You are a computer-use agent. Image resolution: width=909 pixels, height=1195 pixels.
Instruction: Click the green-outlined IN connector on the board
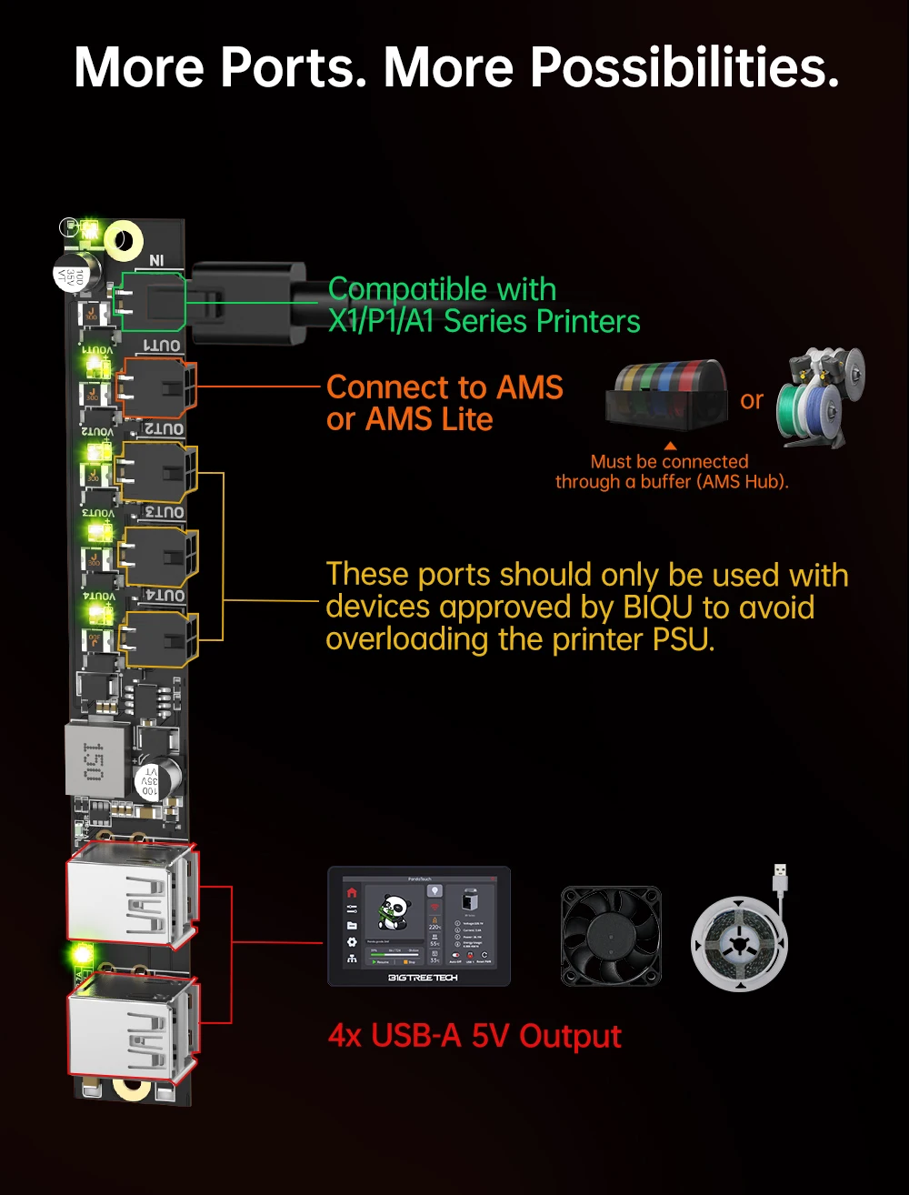point(150,300)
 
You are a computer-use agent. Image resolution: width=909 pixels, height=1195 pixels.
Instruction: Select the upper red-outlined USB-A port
point(132,895)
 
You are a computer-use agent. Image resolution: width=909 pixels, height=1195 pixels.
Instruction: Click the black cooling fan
point(611,936)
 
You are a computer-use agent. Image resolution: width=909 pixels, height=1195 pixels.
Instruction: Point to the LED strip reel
point(738,941)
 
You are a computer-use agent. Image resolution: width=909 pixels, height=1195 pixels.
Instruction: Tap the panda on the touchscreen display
point(394,912)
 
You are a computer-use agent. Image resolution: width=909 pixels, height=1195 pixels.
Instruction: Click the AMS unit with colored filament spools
point(667,397)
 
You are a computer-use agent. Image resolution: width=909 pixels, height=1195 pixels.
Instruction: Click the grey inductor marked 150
point(94,758)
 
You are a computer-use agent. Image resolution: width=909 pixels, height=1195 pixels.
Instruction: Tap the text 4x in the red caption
point(345,1036)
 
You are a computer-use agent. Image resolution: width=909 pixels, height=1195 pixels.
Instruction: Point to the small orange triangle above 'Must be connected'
point(670,447)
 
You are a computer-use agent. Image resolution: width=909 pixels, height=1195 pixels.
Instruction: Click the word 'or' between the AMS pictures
point(752,400)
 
